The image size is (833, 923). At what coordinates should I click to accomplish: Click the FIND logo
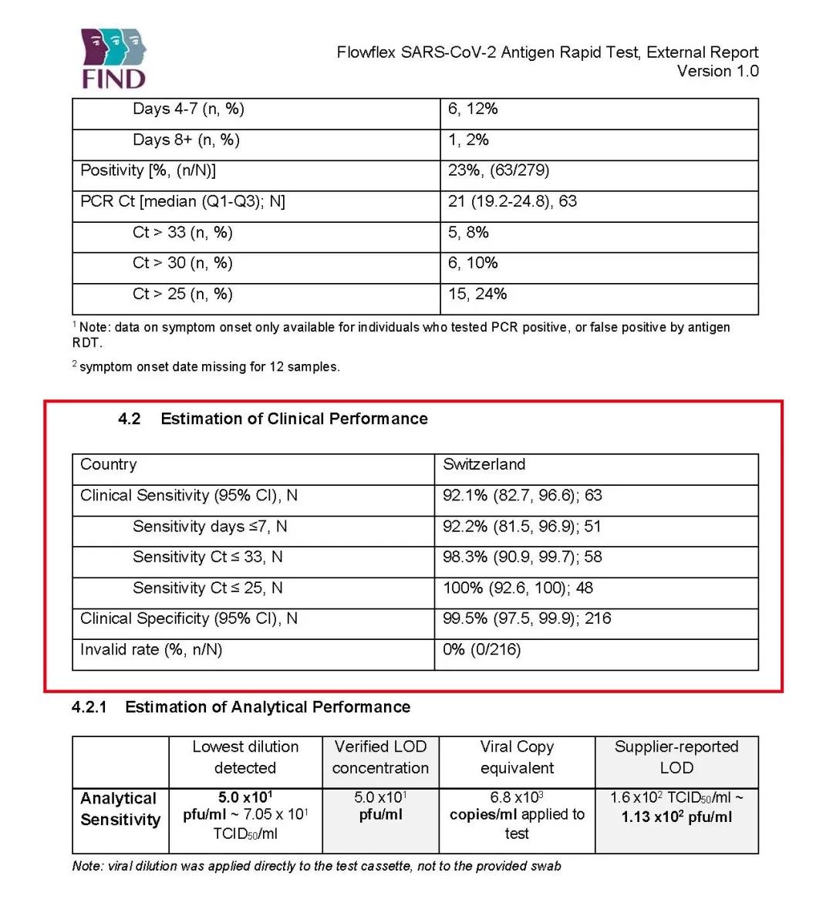(x=113, y=59)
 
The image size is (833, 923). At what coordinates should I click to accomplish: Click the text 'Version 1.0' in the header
(x=717, y=72)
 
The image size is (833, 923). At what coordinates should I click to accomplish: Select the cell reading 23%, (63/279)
(x=498, y=170)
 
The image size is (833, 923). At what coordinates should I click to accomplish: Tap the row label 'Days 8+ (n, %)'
(x=186, y=140)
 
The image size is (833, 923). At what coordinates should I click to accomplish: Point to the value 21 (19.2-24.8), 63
(x=512, y=202)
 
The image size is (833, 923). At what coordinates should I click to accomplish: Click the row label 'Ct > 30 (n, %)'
(x=182, y=264)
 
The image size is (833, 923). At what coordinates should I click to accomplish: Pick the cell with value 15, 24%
(x=477, y=295)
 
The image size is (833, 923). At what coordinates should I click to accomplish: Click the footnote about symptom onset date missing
(x=208, y=367)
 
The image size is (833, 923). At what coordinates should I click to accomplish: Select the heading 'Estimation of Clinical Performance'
(x=294, y=419)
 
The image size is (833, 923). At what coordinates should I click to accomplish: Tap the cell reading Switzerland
(x=484, y=465)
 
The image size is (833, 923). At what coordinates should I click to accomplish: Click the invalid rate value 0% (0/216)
(x=481, y=650)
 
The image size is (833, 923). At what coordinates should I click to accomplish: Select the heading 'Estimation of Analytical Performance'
(x=267, y=707)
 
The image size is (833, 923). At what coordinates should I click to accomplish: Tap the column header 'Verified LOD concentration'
(x=380, y=757)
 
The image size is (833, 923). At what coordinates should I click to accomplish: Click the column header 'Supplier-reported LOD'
(x=676, y=757)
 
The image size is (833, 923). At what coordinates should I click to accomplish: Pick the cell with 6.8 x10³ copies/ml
(x=517, y=815)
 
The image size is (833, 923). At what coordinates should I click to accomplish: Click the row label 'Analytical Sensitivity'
(x=120, y=809)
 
